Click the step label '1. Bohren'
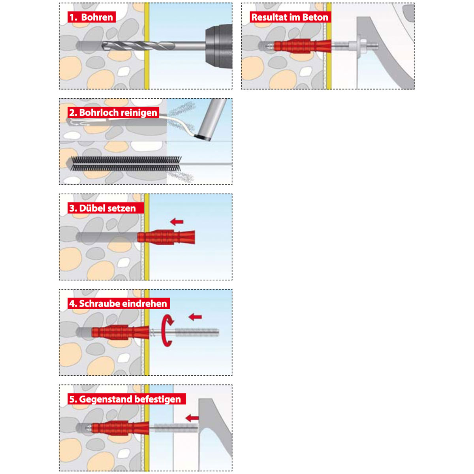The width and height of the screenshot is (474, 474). [91, 17]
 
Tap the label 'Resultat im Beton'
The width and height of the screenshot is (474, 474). [290, 17]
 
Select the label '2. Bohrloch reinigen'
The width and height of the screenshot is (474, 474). [113, 113]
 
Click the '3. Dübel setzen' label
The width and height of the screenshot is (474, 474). [102, 208]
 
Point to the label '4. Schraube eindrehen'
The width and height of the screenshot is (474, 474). [118, 304]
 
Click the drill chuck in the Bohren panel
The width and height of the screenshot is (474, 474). [219, 46]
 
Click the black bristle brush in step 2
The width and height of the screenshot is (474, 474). [126, 164]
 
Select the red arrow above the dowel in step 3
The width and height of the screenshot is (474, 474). [177, 222]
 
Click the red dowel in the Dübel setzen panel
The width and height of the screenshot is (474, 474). [166, 237]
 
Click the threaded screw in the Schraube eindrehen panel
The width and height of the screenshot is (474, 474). [184, 333]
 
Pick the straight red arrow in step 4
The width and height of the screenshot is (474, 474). [195, 317]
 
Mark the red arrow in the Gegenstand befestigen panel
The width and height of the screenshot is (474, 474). [192, 418]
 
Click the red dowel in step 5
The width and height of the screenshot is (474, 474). [120, 428]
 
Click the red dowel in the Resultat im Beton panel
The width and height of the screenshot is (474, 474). [303, 46]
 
